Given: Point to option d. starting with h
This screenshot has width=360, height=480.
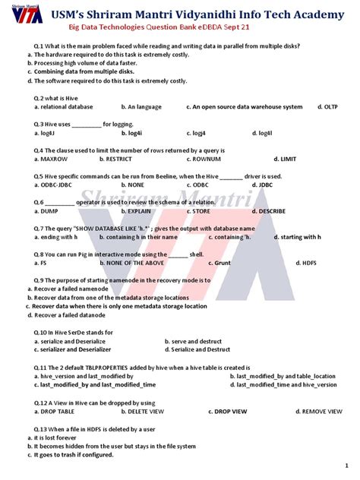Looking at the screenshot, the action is click(x=298, y=237).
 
